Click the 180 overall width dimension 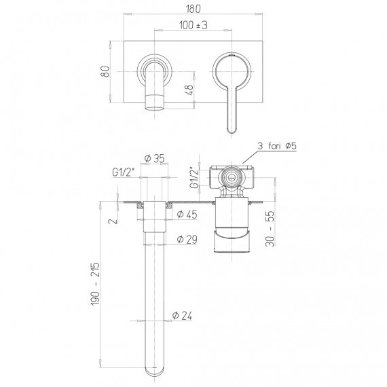(x=193, y=9)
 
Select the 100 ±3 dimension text (x=193, y=25)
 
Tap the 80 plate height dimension (x=106, y=71)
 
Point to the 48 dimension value (x=189, y=90)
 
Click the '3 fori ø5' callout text (x=277, y=146)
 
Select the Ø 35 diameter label (x=154, y=158)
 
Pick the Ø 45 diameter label (x=187, y=215)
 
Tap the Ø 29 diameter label (x=187, y=239)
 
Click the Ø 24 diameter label (x=182, y=316)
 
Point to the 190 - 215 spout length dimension (x=96, y=284)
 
